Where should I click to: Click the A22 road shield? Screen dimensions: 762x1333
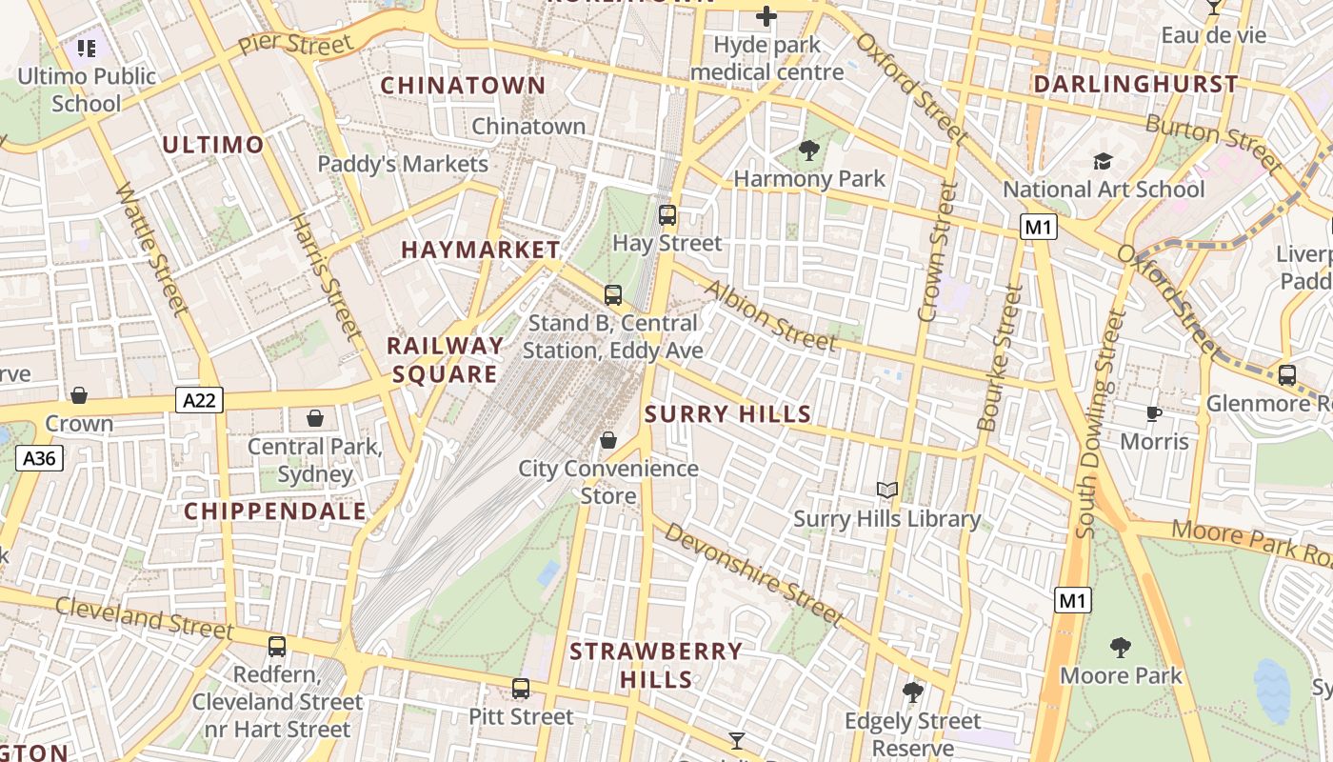(x=199, y=400)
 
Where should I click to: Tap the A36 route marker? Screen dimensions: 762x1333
(x=39, y=458)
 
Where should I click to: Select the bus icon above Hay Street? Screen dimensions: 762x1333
(x=667, y=214)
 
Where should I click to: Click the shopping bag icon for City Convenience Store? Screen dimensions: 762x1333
(x=608, y=440)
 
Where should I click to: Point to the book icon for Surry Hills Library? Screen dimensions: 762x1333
(x=887, y=491)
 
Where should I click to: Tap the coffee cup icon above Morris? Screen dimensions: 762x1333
(x=1154, y=413)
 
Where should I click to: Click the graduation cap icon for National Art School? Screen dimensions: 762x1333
(x=1103, y=161)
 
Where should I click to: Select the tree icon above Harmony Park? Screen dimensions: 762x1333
(x=809, y=150)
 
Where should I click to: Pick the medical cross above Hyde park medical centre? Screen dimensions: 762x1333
(x=766, y=16)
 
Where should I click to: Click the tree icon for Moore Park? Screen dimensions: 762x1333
(x=1121, y=648)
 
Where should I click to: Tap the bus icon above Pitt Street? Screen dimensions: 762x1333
(x=520, y=688)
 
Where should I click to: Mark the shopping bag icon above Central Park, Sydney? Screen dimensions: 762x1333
(x=314, y=418)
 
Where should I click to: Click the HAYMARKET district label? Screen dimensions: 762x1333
(x=481, y=250)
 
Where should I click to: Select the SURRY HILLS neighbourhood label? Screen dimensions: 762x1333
(x=728, y=414)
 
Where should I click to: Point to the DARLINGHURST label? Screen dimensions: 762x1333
(x=1136, y=84)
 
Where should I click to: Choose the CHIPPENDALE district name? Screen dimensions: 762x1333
(x=275, y=511)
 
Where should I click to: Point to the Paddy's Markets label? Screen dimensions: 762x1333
(x=403, y=164)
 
